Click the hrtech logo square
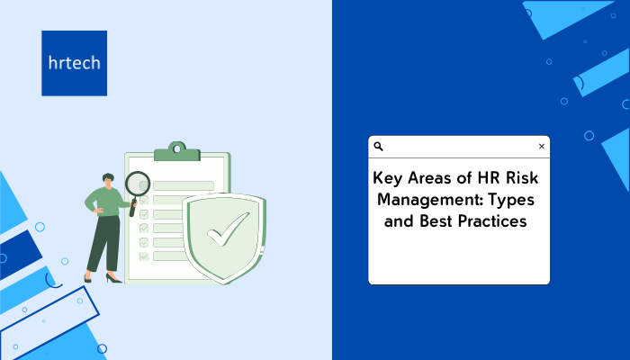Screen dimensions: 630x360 click(75, 63)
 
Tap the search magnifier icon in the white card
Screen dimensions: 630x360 click(379, 146)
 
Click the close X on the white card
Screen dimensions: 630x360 click(542, 146)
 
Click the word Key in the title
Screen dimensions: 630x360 click(387, 178)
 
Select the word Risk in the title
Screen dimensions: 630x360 click(522, 177)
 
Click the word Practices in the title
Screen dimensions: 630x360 click(492, 221)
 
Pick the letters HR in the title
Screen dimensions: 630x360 click(489, 177)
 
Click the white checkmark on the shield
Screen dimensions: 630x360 click(228, 229)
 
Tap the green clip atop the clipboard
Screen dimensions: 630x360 click(177, 151)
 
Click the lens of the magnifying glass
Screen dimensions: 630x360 click(138, 184)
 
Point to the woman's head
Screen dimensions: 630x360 click(108, 180)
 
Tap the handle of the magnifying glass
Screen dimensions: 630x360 click(132, 207)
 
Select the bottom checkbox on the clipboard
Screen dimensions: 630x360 click(144, 256)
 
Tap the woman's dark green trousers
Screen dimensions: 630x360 click(103, 244)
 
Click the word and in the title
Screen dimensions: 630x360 click(400, 221)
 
